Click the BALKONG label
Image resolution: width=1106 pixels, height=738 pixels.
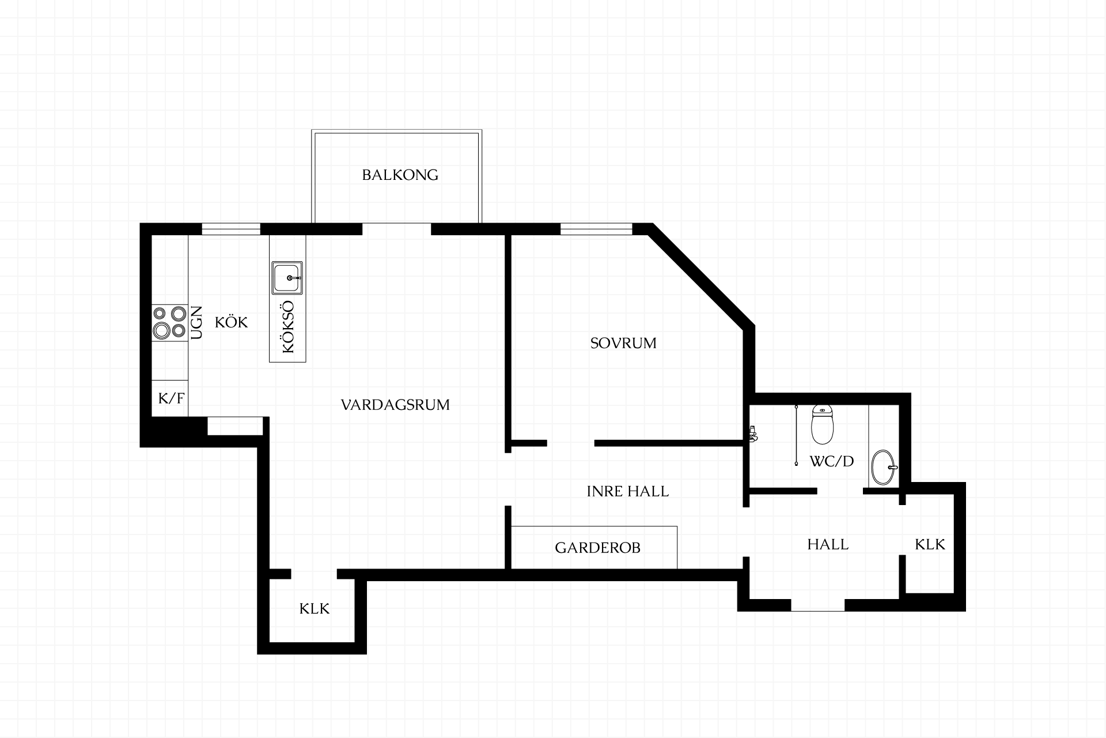click(400, 175)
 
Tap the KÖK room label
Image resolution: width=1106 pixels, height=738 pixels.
click(231, 322)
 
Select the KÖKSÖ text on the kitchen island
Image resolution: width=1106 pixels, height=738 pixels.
click(288, 327)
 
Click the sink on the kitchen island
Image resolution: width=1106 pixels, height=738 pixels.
click(287, 277)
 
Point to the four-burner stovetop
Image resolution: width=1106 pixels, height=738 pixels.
click(170, 322)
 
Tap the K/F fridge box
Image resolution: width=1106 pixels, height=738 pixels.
click(171, 398)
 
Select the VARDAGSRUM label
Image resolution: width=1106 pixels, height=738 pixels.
click(395, 405)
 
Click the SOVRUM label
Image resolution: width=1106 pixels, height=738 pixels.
click(623, 343)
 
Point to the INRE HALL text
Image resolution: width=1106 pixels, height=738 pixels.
click(628, 491)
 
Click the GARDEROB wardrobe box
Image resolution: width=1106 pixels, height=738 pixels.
click(594, 547)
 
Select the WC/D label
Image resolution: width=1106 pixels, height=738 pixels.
click(831, 461)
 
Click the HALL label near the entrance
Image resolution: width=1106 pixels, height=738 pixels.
click(828, 544)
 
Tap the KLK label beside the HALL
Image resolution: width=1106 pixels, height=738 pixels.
click(930, 544)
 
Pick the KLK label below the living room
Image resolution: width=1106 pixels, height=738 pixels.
click(315, 608)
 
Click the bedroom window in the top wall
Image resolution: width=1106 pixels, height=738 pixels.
click(596, 229)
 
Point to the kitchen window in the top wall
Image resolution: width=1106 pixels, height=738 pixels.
click(231, 229)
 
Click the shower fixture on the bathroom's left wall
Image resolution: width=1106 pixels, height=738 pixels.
click(752, 434)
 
